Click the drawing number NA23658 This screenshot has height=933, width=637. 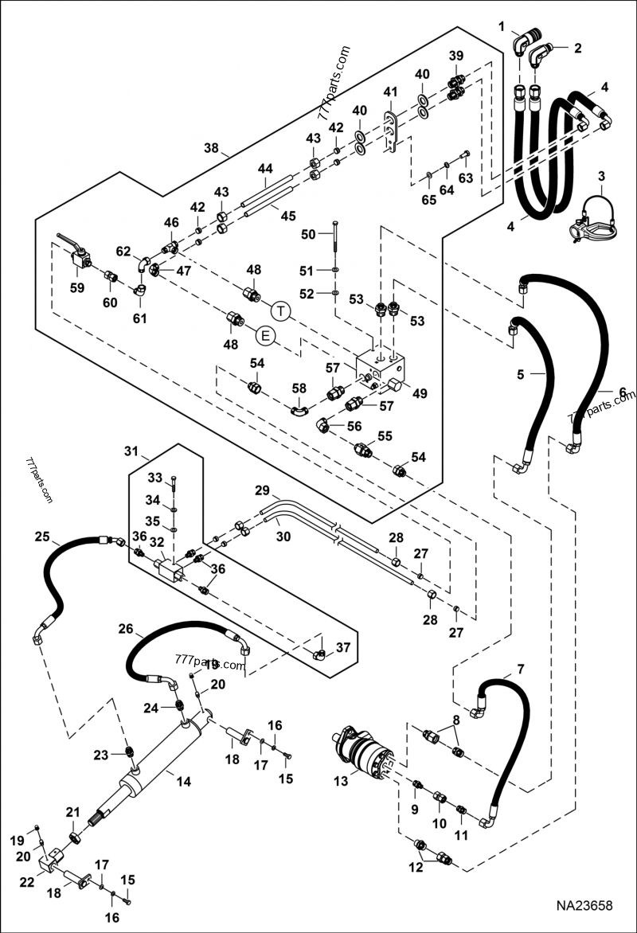(591, 906)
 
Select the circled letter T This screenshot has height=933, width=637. (280, 309)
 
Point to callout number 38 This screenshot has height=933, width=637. (211, 148)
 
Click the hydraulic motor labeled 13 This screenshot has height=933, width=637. (366, 751)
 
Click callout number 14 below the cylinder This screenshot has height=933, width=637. (183, 782)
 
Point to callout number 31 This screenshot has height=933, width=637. (131, 452)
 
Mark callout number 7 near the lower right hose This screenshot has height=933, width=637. (520, 669)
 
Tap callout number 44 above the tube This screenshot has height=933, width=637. (265, 169)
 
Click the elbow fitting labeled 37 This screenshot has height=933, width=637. (320, 654)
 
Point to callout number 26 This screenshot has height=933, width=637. (125, 629)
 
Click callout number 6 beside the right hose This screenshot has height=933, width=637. (623, 392)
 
